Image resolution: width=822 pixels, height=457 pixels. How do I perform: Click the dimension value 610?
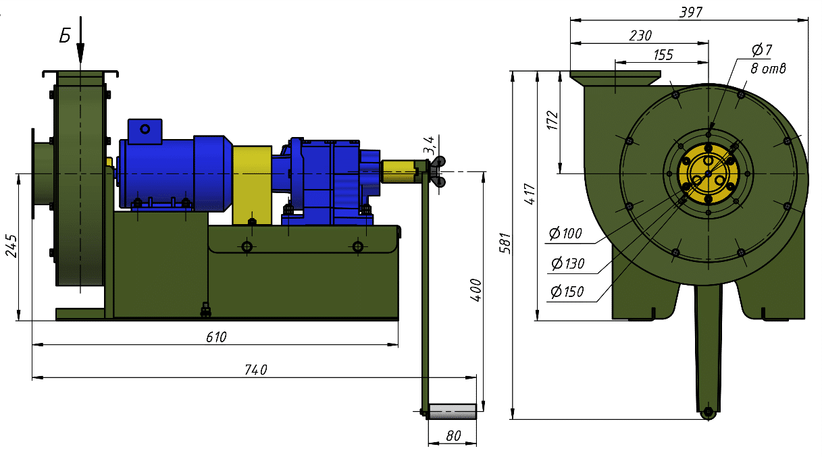pos(216,337)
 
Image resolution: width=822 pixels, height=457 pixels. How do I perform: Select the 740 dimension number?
pos(256,369)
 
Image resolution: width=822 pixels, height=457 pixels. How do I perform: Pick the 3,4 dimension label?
pos(428,144)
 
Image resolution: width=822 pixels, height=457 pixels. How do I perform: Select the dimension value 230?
pos(640,36)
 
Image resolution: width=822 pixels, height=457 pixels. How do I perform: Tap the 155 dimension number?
pos(663,55)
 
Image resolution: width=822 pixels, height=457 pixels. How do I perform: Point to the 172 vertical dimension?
pos(552,120)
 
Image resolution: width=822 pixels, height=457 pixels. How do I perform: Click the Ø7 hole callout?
pos(761,50)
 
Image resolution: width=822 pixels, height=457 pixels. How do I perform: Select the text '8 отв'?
pos(768,68)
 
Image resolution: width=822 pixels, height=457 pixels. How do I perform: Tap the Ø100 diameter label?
pos(565,234)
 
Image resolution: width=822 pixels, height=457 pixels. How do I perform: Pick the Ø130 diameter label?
pos(567,263)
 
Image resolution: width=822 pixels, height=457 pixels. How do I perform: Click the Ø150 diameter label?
pos(566,292)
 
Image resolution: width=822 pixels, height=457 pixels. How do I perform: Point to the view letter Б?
pos(65,36)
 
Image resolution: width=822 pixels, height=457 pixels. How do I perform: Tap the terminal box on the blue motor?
pos(145,131)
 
